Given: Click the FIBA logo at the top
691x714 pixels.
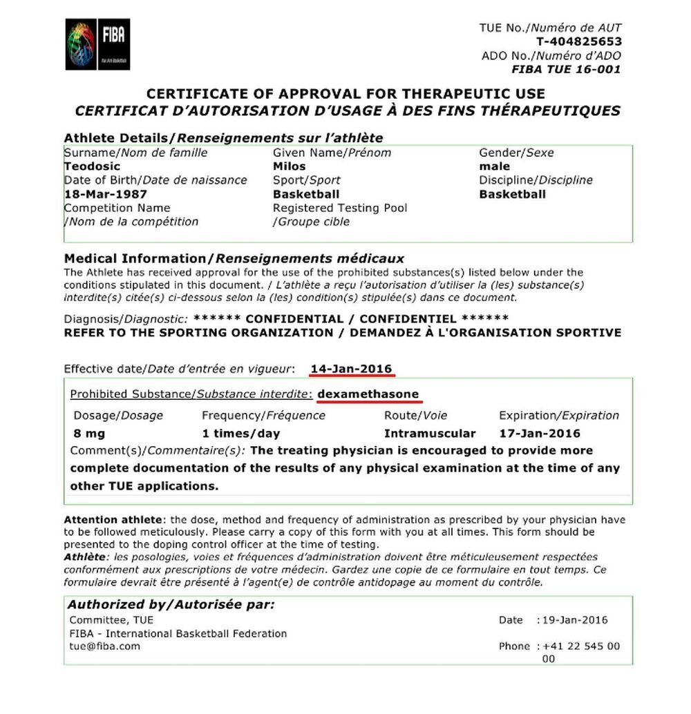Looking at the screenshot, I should pyautogui.click(x=97, y=45).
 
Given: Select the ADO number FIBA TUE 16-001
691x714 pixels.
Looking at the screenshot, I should pyautogui.click(x=566, y=69).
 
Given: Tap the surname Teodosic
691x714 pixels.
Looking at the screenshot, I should pyautogui.click(x=92, y=166).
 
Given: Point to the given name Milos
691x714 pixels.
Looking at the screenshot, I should pyautogui.click(x=289, y=166).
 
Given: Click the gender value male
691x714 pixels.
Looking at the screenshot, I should pyautogui.click(x=495, y=166).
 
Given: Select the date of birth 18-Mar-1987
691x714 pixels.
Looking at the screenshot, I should pyautogui.click(x=106, y=194).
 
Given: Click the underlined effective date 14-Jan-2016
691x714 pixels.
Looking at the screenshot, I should pyautogui.click(x=352, y=369).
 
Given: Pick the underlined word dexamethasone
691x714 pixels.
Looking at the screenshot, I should pyautogui.click(x=368, y=394).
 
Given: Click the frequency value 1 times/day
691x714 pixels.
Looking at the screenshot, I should pyautogui.click(x=240, y=434).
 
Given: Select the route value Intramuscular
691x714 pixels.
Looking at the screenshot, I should pyautogui.click(x=430, y=434).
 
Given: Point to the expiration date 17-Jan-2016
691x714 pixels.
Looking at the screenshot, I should pyautogui.click(x=540, y=434).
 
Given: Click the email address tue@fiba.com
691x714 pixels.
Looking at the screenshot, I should pyautogui.click(x=104, y=646).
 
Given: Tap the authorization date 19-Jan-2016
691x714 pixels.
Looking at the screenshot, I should pyautogui.click(x=576, y=620).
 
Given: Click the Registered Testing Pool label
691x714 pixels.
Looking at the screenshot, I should pyautogui.click(x=340, y=208).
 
